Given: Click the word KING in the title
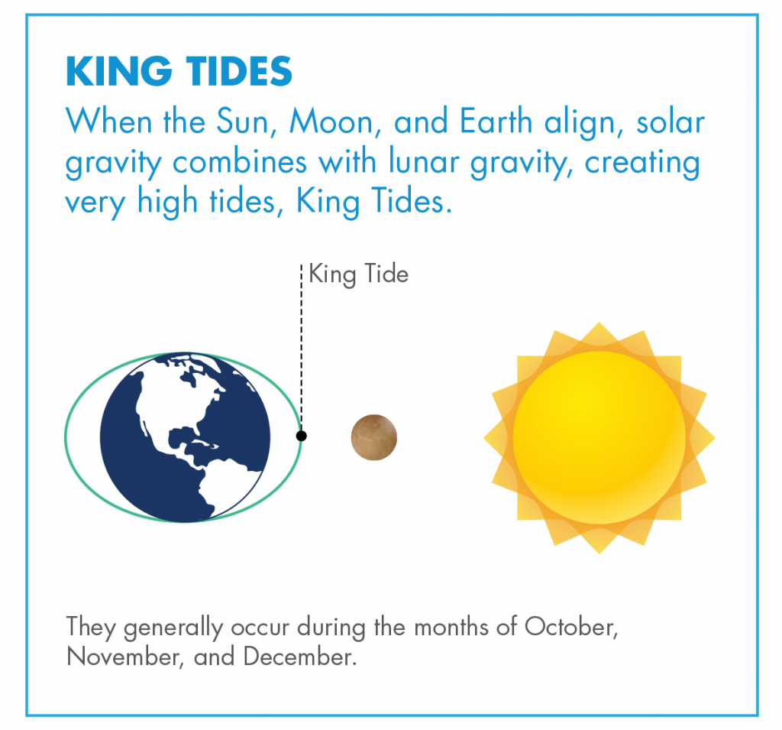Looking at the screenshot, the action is (x=119, y=71).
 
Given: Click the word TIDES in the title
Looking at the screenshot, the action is (x=239, y=71).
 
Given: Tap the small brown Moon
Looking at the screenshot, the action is (x=374, y=437).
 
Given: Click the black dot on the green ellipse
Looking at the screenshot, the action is (x=301, y=436).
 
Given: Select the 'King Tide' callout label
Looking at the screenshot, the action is (x=359, y=274).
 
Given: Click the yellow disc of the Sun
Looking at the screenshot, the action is (x=599, y=437).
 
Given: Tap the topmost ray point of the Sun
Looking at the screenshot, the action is (x=599, y=323).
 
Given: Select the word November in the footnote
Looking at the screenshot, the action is (x=123, y=657).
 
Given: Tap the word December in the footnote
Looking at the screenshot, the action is (x=300, y=657).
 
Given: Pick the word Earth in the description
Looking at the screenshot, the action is (x=496, y=121).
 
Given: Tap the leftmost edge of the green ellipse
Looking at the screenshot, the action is (x=66, y=437).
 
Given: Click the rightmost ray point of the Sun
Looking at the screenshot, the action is (x=714, y=438).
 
